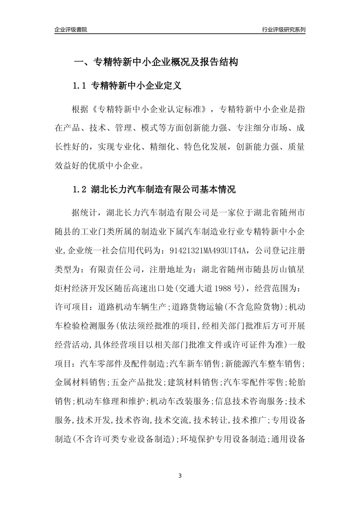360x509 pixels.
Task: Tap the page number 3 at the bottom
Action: [180, 476]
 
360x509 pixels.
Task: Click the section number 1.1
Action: [80, 86]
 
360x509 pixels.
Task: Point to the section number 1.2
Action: [80, 189]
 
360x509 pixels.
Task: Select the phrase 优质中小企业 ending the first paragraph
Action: [116, 166]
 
